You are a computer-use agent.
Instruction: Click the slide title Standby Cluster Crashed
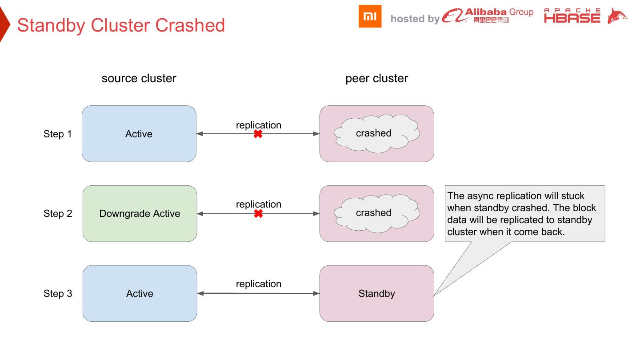coord(121,25)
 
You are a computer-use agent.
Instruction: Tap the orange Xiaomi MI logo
coord(370,16)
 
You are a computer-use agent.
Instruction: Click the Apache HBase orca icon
coord(617,16)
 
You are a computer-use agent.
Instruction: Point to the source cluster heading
coord(139,79)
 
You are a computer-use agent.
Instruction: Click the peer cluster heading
coord(376,79)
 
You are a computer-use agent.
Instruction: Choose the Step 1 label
coord(57,134)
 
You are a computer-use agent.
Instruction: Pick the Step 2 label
coord(58,214)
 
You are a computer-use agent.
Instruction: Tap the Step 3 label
coord(58,294)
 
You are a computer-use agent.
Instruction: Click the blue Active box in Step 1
coord(139,134)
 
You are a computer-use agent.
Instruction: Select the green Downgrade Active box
coord(140,214)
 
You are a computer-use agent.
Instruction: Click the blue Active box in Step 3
coord(140,293)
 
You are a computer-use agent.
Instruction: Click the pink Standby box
coord(376,293)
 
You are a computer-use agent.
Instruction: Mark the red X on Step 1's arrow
coord(258,133)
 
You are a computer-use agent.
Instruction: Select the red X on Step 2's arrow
coord(258,214)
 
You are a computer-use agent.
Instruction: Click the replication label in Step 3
coord(258,284)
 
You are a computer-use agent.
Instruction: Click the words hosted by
coord(415,19)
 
